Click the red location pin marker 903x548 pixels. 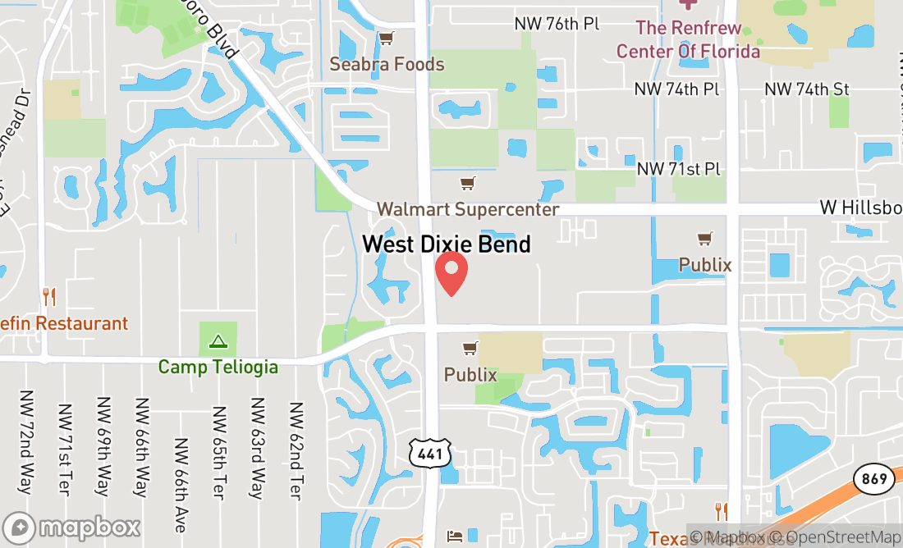pyautogui.click(x=451, y=273)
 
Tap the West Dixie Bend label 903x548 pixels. pyautogui.click(x=447, y=244)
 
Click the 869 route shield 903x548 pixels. pyautogui.click(x=873, y=478)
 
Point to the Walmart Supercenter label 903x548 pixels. pyautogui.click(x=468, y=209)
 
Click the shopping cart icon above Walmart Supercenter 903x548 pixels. pyautogui.click(x=468, y=183)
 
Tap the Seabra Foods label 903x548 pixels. pyautogui.click(x=387, y=64)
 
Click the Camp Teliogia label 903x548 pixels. pyautogui.click(x=218, y=367)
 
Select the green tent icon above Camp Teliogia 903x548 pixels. pyautogui.click(x=218, y=340)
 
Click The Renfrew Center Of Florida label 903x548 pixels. pyautogui.click(x=688, y=39)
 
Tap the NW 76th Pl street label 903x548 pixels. pyautogui.click(x=557, y=23)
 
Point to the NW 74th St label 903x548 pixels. pyautogui.click(x=807, y=89)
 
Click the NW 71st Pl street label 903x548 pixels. pyautogui.click(x=679, y=169)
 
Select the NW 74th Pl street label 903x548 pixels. pyautogui.click(x=677, y=89)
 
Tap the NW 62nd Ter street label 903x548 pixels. pyautogui.click(x=296, y=450)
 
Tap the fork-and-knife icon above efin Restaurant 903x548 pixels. pyautogui.click(x=49, y=297)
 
